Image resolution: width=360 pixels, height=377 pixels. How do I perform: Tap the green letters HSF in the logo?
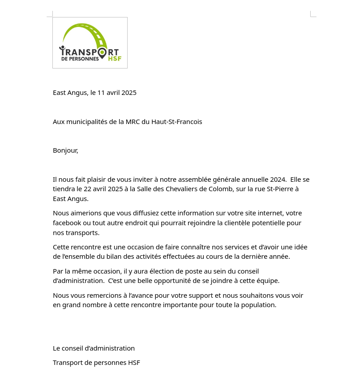[115, 59]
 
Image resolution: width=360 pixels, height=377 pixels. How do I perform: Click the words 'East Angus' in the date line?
[70, 93]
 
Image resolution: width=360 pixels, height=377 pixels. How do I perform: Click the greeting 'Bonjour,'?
[65, 150]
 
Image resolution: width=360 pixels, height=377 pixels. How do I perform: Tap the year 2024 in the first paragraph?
[278, 180]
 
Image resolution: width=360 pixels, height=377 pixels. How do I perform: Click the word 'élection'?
[162, 271]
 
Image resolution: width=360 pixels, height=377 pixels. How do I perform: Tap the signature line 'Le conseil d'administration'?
[94, 348]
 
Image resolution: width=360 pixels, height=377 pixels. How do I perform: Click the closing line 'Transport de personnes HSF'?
[96, 363]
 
